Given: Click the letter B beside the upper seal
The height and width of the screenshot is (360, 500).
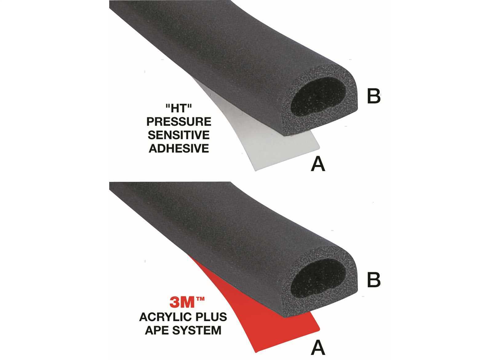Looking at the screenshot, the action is coord(374,96).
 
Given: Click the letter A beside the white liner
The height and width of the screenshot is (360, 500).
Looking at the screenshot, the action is coord(318,164).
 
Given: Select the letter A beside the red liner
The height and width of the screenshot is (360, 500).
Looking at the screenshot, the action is coord(318,347).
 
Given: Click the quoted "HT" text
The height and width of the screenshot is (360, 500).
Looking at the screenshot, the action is coord(179,109).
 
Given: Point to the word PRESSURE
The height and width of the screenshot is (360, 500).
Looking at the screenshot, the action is coord(179,122).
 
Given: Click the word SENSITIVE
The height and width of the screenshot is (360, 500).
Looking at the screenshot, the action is coord(179,135).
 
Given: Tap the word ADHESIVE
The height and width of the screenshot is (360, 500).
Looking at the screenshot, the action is coord(179,148).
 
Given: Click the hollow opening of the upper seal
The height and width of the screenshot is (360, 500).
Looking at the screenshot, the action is coord(318,97).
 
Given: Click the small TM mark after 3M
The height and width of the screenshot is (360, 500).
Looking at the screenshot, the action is coord(200,299).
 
